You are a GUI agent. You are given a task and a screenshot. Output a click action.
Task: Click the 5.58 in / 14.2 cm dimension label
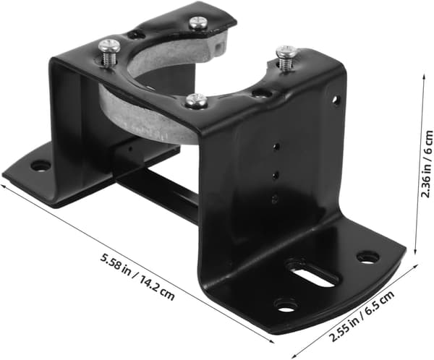pos(137,278)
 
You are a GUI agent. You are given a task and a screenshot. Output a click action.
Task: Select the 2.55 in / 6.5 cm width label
pos(361,317)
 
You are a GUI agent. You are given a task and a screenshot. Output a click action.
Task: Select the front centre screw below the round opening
pos(196,100)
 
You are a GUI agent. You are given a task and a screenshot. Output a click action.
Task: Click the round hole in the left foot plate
pos(41,167)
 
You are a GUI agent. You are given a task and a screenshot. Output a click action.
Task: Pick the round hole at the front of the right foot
pos(286,306)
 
